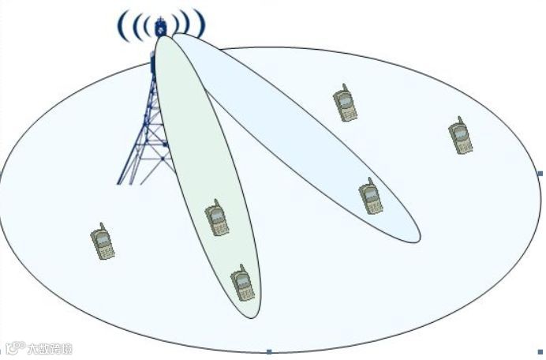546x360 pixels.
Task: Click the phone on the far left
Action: coord(103,242)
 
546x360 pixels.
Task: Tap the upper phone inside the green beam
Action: coord(217,218)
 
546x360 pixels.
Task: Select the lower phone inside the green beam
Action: coord(242,283)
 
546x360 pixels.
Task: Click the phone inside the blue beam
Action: coord(371,197)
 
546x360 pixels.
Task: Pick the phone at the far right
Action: coord(460,136)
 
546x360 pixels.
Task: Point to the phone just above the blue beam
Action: coord(345,103)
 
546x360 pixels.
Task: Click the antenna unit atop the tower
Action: coord(161,27)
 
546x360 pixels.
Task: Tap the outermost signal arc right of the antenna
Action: coord(202,24)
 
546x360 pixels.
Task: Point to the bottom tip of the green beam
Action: coord(250,317)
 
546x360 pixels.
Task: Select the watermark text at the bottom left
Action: coord(50,348)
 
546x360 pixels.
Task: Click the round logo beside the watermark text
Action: coord(17,347)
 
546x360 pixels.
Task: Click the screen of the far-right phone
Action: coord(459,133)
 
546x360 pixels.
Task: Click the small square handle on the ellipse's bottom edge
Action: coord(269,351)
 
